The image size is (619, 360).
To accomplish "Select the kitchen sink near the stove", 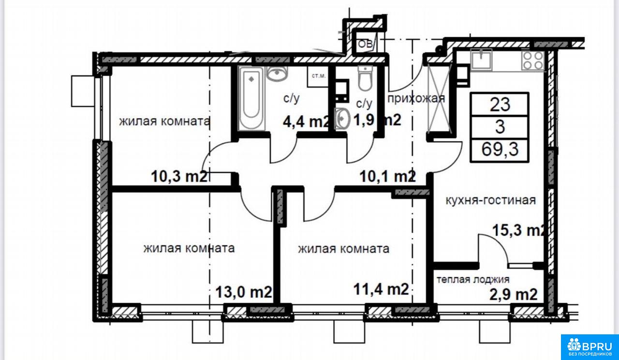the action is click(481, 60).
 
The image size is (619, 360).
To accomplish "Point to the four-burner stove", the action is click(533, 60).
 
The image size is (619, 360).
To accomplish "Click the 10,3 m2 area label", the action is click(179, 176).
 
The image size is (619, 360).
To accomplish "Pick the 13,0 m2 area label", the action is click(243, 292).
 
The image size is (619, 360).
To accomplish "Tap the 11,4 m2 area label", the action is click(381, 289).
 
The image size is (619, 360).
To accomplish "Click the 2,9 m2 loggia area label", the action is click(514, 295).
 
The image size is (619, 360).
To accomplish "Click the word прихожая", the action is click(416, 98).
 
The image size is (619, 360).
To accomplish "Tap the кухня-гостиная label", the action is click(491, 200).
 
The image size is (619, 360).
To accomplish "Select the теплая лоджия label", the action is click(473, 280).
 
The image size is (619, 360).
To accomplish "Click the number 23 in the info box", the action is click(500, 105).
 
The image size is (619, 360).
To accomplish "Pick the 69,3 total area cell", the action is click(500, 150).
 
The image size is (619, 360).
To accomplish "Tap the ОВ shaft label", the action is click(365, 44).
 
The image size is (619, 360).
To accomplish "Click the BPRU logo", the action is click(590, 347).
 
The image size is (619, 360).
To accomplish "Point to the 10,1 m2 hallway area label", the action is click(388, 176).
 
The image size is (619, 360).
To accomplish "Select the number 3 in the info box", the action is click(500, 127).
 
